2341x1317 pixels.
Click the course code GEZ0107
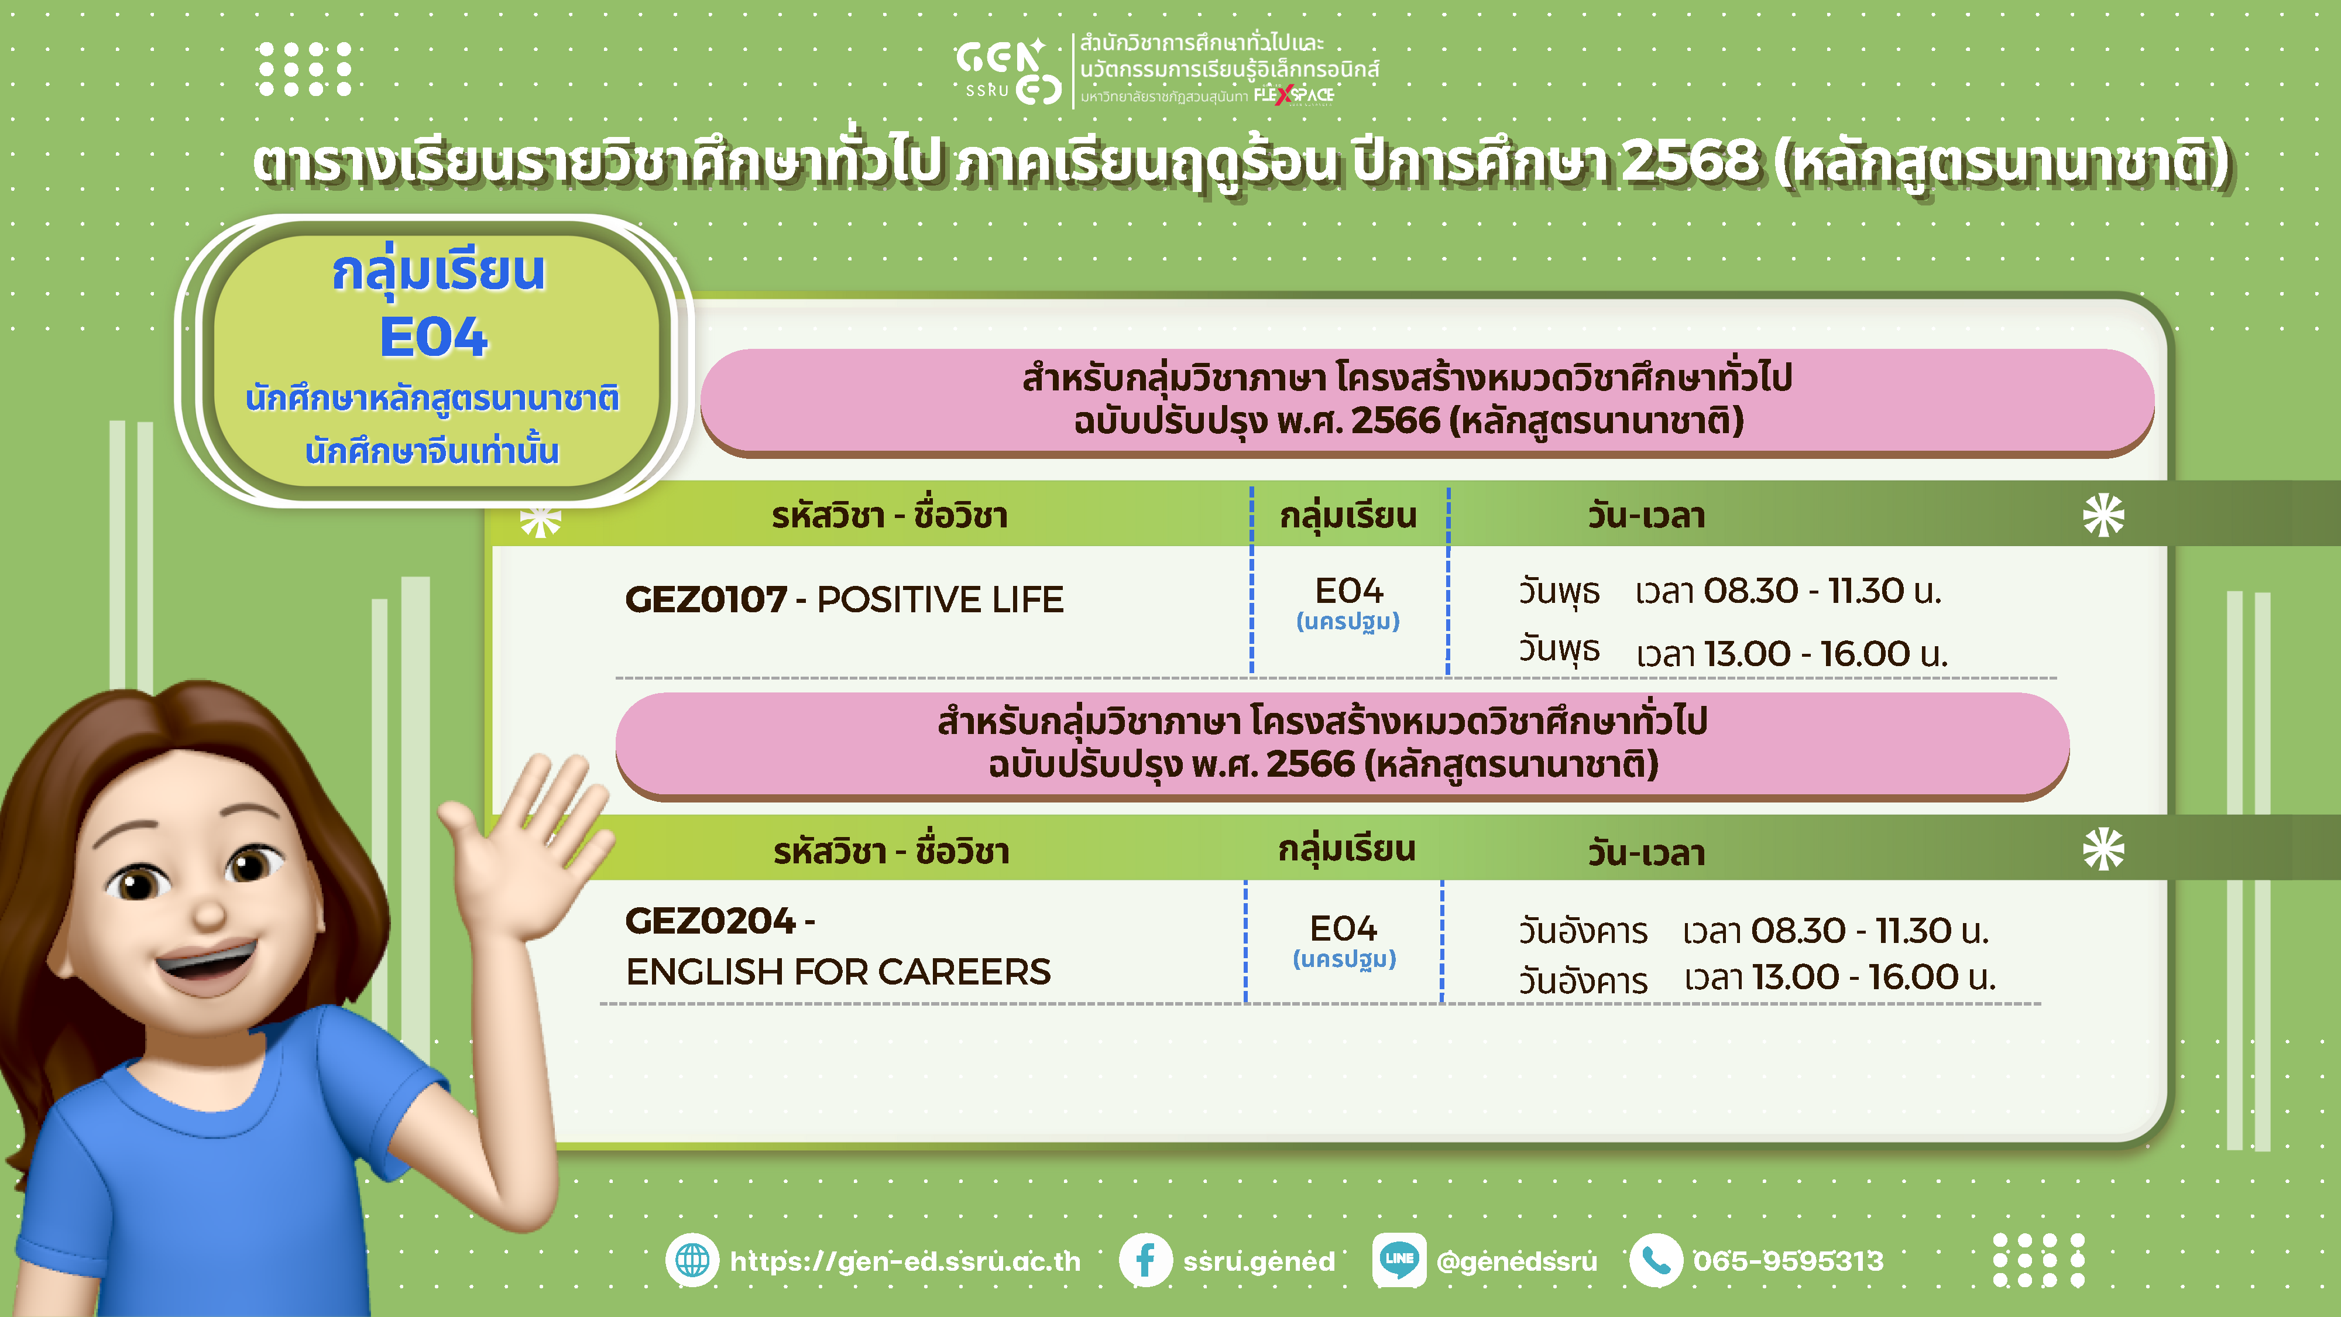click(705, 599)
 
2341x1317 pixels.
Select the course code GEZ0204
click(710, 921)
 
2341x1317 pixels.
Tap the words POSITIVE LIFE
click(940, 599)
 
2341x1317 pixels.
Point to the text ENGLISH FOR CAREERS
click(838, 972)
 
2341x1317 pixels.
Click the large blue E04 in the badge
click(434, 337)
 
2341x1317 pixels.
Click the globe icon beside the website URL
click(692, 1261)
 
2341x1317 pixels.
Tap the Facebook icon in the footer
click(1145, 1261)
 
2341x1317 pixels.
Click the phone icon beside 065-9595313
click(1656, 1261)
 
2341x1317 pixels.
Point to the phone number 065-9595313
click(1789, 1261)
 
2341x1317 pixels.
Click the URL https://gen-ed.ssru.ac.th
click(905, 1261)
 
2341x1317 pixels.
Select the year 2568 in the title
click(1690, 162)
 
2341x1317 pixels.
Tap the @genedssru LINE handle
click(1516, 1261)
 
